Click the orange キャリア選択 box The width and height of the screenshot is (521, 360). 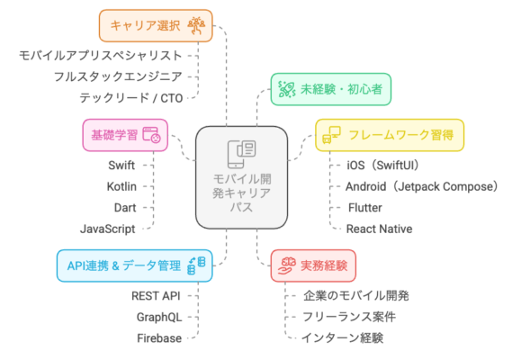point(156,25)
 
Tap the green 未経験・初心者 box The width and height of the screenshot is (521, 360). point(330,89)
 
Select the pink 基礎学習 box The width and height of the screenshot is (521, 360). point(125,135)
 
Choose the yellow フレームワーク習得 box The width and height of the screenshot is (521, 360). point(390,135)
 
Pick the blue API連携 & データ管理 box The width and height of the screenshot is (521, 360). point(135,265)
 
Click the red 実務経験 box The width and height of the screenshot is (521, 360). point(313,265)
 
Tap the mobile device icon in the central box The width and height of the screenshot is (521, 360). point(241,154)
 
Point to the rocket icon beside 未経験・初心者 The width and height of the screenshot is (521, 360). point(287,89)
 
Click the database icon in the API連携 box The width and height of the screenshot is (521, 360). point(196,265)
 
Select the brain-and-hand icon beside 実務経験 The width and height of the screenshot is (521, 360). point(287,265)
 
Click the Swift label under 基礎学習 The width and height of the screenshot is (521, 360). point(121,166)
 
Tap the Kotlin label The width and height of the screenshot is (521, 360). point(121,186)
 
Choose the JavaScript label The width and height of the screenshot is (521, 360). point(108,229)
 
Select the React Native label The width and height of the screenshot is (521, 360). point(379,229)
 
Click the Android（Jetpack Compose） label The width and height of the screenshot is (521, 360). point(422,186)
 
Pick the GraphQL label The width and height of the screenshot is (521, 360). point(159,317)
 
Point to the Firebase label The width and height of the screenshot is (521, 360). point(159,338)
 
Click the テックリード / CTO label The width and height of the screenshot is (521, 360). point(131,98)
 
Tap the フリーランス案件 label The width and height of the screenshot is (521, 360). point(349,317)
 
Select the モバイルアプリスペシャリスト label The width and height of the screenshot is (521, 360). point(101,56)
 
